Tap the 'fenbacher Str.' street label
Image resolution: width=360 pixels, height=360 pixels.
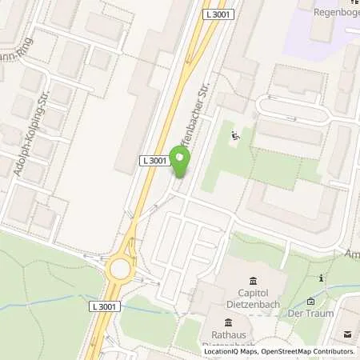click(x=202, y=105)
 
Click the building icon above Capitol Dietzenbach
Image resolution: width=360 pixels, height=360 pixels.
click(x=254, y=280)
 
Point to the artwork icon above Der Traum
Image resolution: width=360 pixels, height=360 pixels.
click(x=311, y=302)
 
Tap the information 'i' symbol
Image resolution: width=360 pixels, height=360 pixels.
click(x=320, y=278)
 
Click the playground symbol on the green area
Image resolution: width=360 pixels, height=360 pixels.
click(x=234, y=136)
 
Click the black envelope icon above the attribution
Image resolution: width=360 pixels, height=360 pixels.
click(x=348, y=336)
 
